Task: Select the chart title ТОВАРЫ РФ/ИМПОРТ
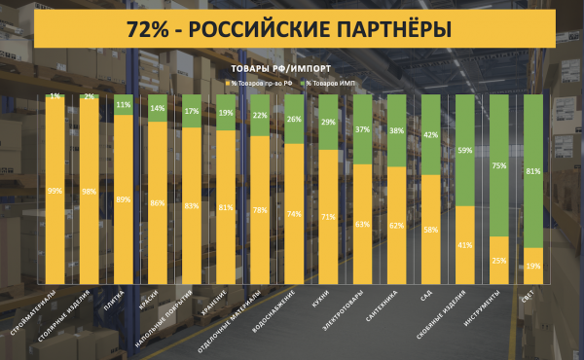[282, 70]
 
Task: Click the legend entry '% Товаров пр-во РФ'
[260, 85]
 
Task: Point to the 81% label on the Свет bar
[533, 171]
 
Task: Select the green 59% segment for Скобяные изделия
[465, 150]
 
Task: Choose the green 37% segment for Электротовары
[363, 129]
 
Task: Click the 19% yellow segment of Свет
[533, 265]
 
